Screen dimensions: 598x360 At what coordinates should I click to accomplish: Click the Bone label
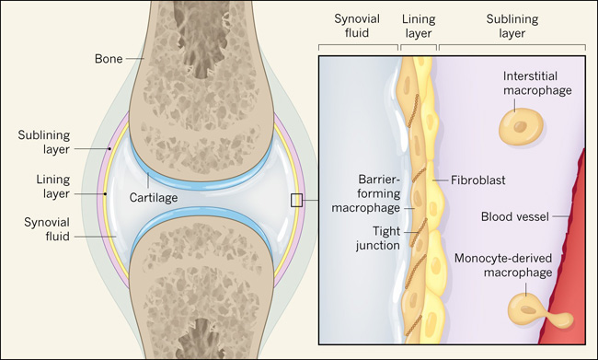[x=109, y=59]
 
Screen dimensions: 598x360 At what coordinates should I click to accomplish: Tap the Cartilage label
[x=154, y=197]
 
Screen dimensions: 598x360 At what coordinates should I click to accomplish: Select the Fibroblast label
[x=477, y=180]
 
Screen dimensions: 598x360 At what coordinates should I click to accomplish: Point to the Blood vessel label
[x=515, y=216]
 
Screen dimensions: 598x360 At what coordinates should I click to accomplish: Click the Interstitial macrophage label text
[x=537, y=83]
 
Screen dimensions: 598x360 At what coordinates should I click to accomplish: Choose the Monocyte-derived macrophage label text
[x=503, y=265]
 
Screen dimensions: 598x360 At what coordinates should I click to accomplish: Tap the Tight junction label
[x=378, y=238]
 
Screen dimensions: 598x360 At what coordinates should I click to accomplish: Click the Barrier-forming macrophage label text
[x=366, y=193]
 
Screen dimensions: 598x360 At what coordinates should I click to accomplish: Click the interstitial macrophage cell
[x=521, y=126]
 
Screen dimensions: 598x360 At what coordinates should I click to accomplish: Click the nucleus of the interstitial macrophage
[x=520, y=127]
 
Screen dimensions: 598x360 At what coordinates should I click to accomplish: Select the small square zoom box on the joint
[x=296, y=200]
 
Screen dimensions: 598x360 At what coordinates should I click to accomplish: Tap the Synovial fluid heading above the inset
[x=357, y=26]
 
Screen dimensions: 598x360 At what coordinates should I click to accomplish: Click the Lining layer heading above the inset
[x=419, y=26]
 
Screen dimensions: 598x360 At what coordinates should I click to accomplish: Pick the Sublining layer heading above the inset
[x=512, y=26]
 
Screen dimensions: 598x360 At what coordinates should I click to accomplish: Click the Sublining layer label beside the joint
[x=44, y=142]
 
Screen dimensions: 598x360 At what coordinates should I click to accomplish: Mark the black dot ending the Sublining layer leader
[x=109, y=149]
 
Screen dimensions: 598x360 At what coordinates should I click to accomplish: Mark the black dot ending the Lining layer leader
[x=106, y=194]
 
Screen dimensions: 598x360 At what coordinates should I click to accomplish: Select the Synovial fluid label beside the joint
[x=47, y=229]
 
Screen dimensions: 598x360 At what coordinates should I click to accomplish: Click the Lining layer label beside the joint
[x=53, y=186]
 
